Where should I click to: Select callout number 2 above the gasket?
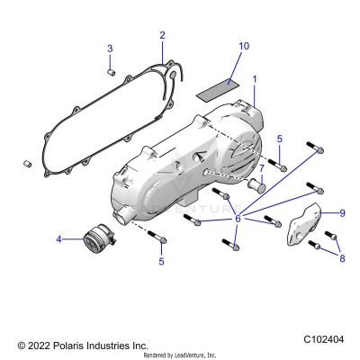tap(162, 35)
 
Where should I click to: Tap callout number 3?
tap(110, 48)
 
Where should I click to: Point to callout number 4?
tap(59, 239)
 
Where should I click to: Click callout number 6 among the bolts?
tap(238, 219)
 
